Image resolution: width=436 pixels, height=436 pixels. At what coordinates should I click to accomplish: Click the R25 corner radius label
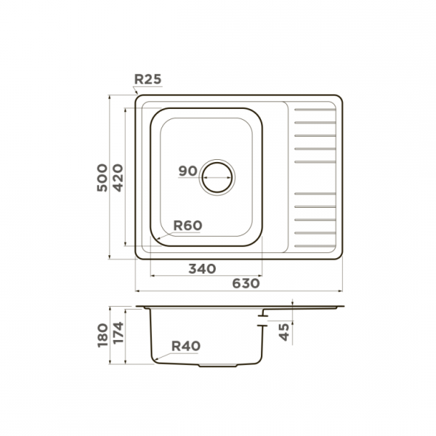click(x=148, y=79)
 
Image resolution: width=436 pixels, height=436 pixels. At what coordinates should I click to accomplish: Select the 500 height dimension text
click(x=102, y=178)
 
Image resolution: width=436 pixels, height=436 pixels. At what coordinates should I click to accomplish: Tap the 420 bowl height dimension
click(x=118, y=178)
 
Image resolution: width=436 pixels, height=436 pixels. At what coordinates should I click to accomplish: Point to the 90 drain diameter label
click(x=187, y=171)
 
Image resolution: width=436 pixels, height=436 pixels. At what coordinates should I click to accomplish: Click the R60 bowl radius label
click(x=187, y=225)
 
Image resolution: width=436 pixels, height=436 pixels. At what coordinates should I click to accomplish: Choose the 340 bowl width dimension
click(x=202, y=269)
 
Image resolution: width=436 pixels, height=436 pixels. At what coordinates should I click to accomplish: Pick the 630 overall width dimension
click(x=246, y=283)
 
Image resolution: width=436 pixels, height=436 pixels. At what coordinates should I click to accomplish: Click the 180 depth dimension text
click(x=102, y=335)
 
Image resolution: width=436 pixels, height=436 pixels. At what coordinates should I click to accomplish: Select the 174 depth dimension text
click(x=118, y=332)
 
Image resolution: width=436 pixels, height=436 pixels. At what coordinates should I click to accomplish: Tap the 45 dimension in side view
click(x=284, y=332)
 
